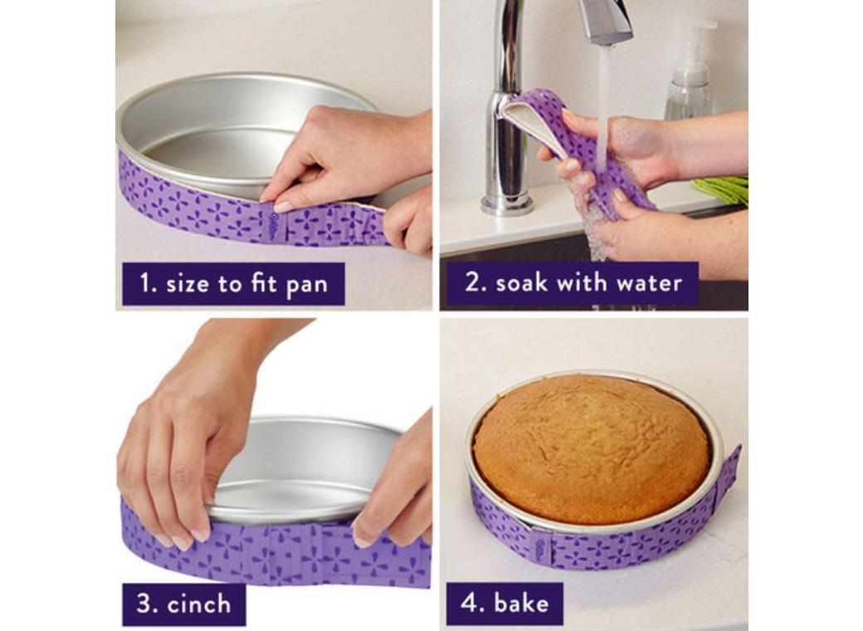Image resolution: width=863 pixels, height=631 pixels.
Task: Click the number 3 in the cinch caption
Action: pos(144,604)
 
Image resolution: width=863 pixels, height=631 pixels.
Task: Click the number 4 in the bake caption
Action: pos(471,603)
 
